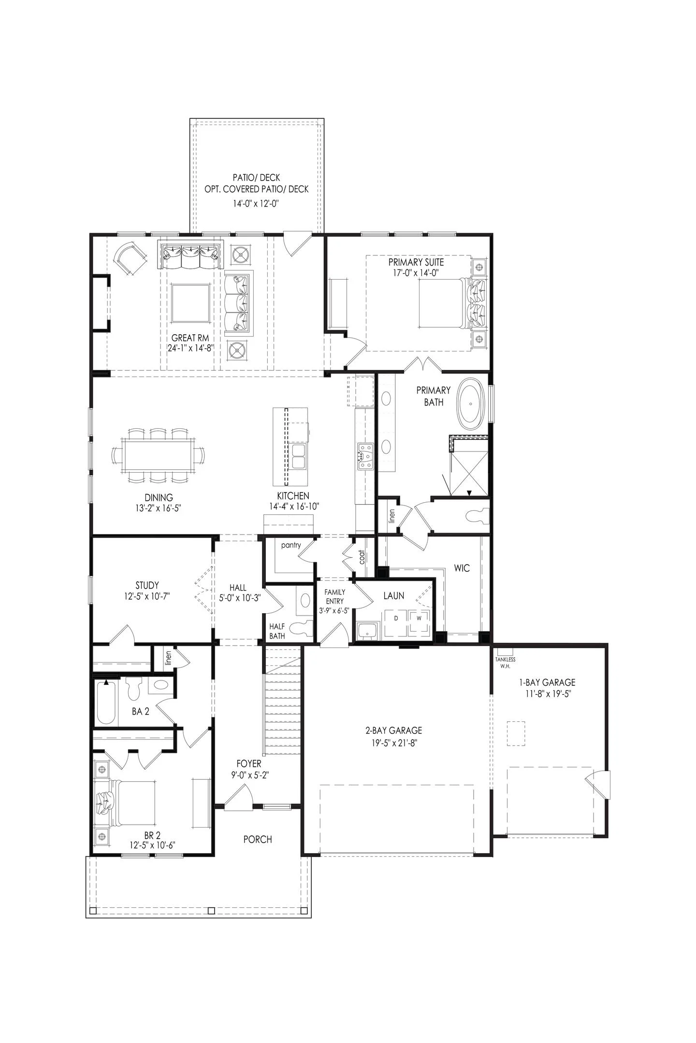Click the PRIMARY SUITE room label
tap(416, 262)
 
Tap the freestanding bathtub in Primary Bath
tap(472, 404)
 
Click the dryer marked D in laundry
tap(396, 618)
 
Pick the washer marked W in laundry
tap(419, 618)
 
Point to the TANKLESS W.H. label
tap(505, 662)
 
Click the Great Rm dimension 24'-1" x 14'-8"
tap(190, 348)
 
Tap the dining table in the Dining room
tap(158, 455)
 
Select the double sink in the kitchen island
tap(298, 456)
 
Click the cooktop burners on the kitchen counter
tap(365, 457)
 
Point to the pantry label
tap(290, 545)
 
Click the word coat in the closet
tap(362, 558)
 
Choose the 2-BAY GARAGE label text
tap(393, 731)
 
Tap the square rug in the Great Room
tap(190, 303)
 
